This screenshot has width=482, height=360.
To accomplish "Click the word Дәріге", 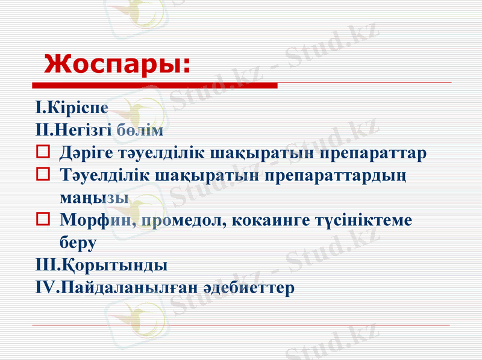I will point(89,152).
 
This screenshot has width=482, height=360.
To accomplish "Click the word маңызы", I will point(93,197).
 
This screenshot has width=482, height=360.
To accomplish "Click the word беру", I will point(78,243).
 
